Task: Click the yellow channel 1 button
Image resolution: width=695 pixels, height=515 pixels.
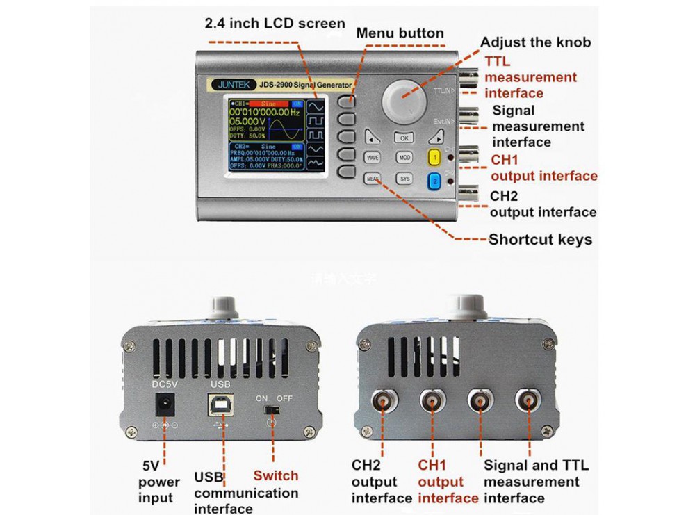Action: [434, 158]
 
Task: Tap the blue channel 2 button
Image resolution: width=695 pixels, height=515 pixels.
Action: [434, 181]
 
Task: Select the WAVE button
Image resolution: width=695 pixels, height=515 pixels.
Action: [373, 158]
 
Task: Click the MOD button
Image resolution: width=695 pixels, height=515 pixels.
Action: [404, 158]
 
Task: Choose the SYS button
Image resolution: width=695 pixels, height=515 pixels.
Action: [404, 179]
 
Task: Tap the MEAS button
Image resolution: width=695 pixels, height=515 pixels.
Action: [373, 179]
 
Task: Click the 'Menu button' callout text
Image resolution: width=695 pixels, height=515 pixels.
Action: [400, 33]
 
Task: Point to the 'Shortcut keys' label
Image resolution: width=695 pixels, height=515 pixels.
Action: [540, 240]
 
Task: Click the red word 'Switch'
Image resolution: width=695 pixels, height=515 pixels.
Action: [275, 475]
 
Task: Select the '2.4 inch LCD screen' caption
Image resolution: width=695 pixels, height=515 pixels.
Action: [275, 23]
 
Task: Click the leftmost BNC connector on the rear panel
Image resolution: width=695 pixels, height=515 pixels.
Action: [382, 401]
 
